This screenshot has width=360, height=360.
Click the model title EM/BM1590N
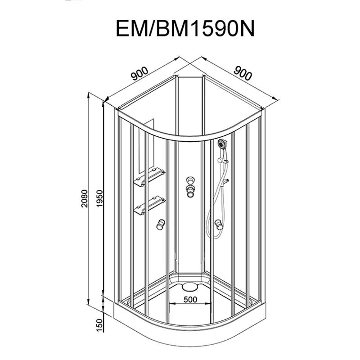click(x=185, y=28)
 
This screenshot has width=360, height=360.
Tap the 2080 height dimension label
click(x=85, y=198)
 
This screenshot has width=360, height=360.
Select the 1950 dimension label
click(x=99, y=198)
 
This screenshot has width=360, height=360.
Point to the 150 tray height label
click(x=99, y=325)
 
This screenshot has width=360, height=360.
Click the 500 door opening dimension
click(x=190, y=299)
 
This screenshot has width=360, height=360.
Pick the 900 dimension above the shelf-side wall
click(x=139, y=73)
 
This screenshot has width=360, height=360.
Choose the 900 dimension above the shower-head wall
click(x=243, y=73)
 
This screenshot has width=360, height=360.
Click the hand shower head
click(x=222, y=144)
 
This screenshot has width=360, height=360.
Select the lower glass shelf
click(x=149, y=205)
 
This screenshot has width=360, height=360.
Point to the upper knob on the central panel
click(x=190, y=180)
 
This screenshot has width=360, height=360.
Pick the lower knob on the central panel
click(x=190, y=191)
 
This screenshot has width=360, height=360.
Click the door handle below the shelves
click(x=161, y=224)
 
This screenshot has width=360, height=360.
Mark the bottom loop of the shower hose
click(x=211, y=234)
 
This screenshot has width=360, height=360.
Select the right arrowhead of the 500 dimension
click(x=208, y=303)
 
